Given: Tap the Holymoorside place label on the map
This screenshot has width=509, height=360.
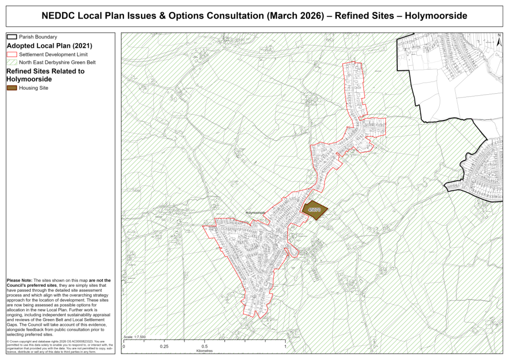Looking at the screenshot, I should coord(255,212).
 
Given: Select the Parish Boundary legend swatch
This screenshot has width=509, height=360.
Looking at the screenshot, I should coord(12,37).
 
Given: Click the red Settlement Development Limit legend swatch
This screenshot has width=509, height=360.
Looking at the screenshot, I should coord(12,54).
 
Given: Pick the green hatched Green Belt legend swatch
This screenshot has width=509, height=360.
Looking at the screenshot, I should coord(12,63).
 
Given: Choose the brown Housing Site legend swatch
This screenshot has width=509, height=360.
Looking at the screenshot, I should coord(12,88).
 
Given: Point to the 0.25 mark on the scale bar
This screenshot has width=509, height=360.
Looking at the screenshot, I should coord(164,346).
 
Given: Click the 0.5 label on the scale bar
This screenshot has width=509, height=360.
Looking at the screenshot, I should coord(204,346).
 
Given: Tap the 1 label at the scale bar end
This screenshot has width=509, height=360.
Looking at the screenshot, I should coord(285,346).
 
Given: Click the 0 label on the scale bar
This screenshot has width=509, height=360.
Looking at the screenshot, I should coord(124,346).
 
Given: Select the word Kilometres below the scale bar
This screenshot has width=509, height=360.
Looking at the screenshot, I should coord(204,351).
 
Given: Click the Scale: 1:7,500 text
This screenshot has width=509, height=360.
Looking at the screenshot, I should coord(135,337).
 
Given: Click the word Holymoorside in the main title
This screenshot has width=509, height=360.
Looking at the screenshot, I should coord(436,16).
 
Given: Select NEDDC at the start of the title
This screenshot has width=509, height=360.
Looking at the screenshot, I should coord(57,16).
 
